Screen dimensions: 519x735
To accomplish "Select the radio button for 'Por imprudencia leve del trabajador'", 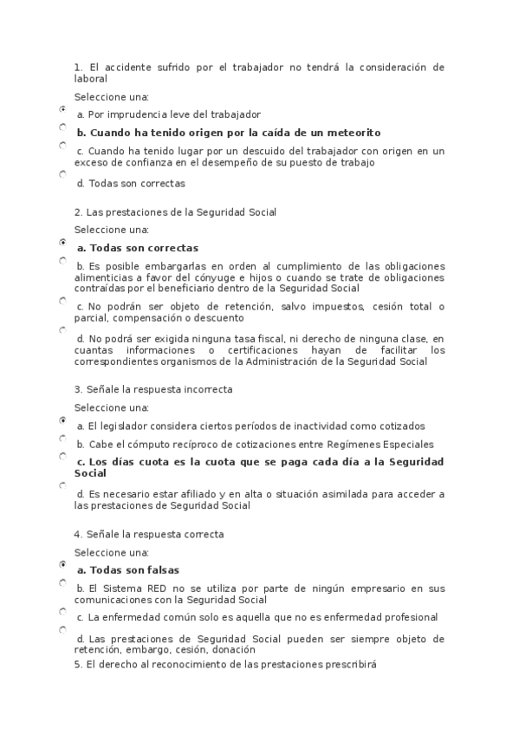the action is click(62, 109).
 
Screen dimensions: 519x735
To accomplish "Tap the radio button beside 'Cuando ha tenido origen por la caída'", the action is click(62, 127).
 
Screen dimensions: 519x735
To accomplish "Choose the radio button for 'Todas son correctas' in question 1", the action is click(62, 174).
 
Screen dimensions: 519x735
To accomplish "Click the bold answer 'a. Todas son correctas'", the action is click(138, 248).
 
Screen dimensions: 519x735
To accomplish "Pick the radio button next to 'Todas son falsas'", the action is click(62, 564).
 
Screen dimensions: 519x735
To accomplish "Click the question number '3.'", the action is click(78, 389).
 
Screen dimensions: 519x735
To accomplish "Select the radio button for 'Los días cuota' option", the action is click(62, 455).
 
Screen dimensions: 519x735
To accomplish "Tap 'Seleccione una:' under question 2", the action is click(112, 230).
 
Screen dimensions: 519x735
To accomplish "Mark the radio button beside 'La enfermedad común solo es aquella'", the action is click(62, 611).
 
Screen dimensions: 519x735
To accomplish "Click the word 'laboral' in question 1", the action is click(91, 78).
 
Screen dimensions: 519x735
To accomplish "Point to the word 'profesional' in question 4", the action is click(409, 617).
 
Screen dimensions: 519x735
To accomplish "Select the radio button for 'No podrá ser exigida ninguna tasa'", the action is click(62, 330).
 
